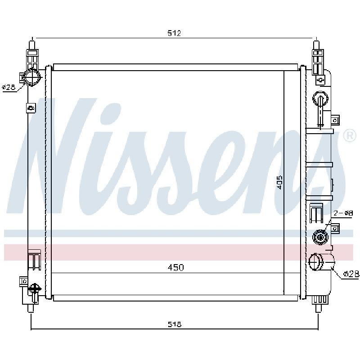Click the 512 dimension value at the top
point(174,33)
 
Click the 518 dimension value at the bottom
point(175,324)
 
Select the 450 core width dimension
point(176,267)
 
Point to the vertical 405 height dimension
point(279,183)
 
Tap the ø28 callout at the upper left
point(9,87)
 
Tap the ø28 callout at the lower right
point(351,274)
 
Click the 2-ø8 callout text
point(343,213)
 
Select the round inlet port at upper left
point(31,76)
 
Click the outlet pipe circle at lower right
point(316,262)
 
